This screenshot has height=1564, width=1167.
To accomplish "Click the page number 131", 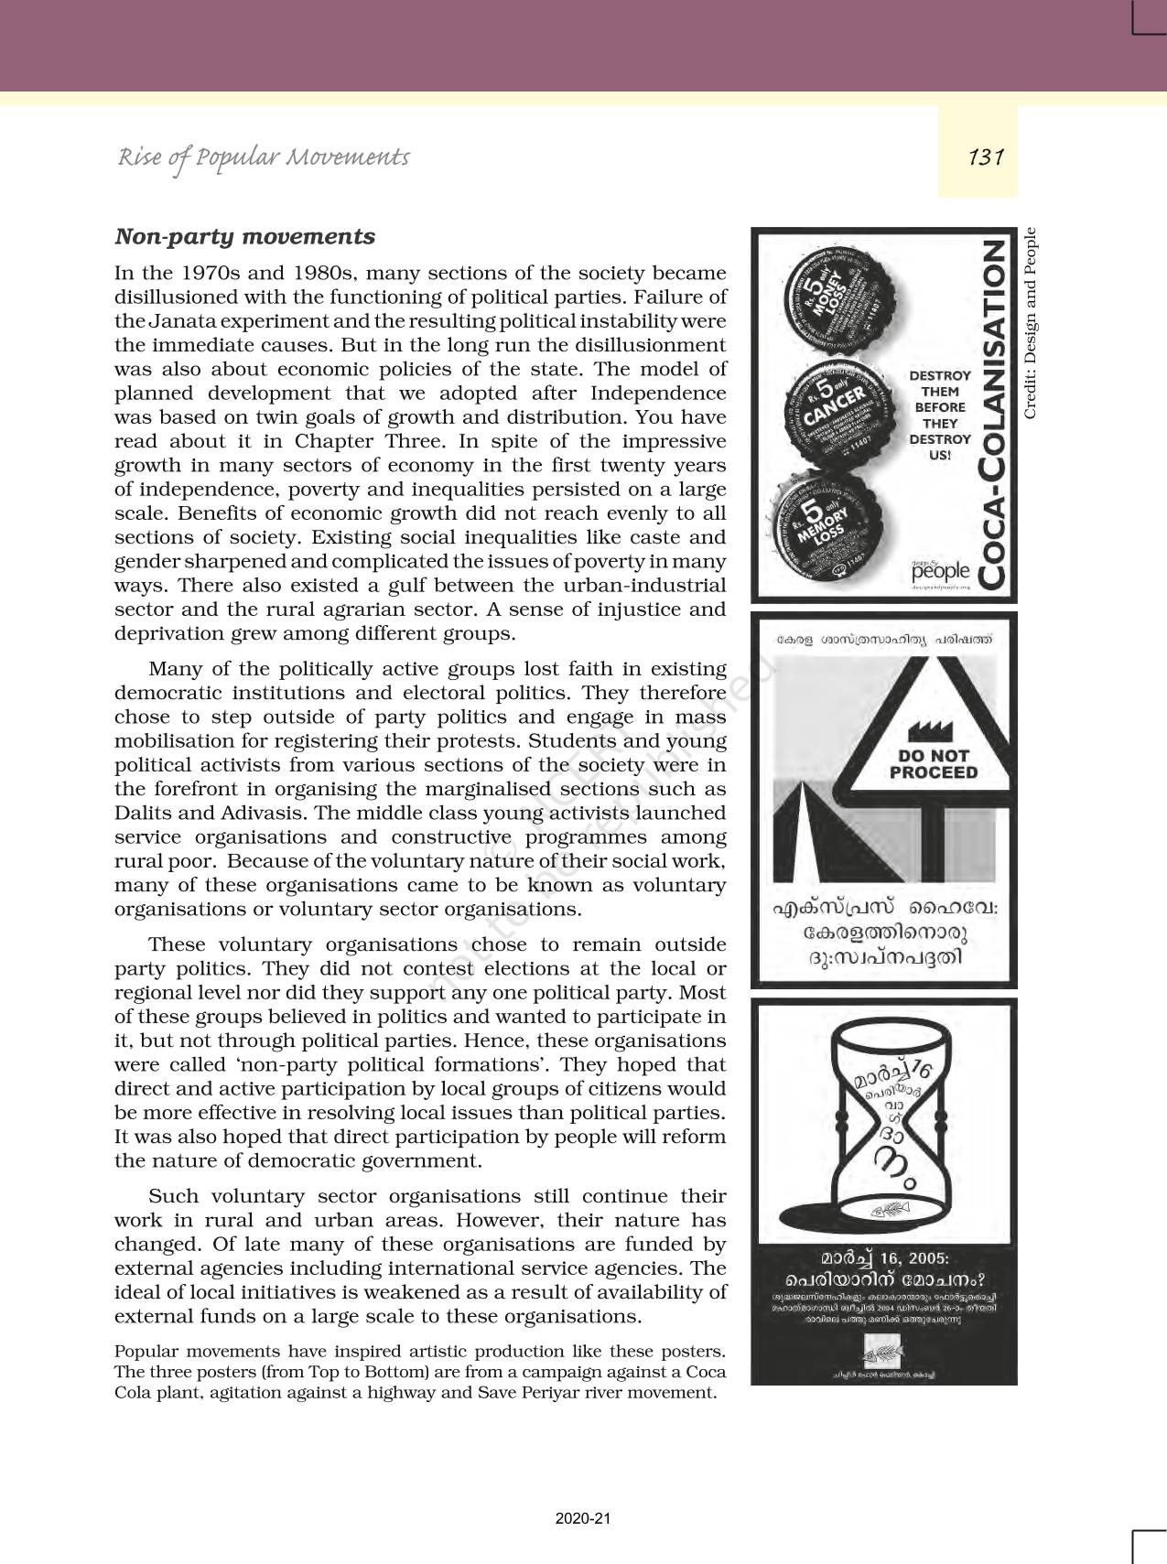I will (x=986, y=157).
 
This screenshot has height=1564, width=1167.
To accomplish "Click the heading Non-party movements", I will (x=244, y=236).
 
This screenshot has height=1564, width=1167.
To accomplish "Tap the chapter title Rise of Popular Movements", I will (x=264, y=157).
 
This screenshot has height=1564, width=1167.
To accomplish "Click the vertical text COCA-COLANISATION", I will (x=992, y=414).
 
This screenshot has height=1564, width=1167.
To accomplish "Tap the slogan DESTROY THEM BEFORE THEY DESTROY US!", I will (x=939, y=415).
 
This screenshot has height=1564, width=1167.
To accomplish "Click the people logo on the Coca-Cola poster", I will (x=940, y=571).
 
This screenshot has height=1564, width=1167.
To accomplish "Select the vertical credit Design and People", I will (x=1031, y=323).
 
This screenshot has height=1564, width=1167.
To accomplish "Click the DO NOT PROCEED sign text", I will (x=934, y=764).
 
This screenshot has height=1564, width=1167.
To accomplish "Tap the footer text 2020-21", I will (x=583, y=1518).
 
